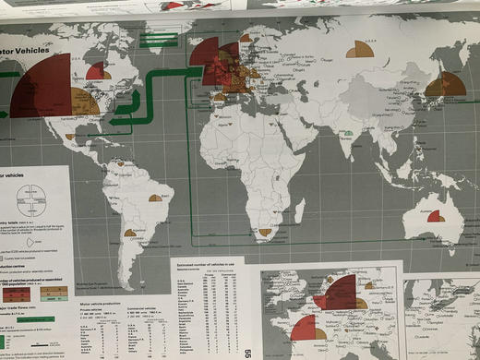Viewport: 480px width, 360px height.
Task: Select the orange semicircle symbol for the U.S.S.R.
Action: click(x=360, y=50)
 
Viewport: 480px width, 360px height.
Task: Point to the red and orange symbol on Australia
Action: click(x=435, y=216)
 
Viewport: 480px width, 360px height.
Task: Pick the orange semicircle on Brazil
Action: click(x=155, y=198)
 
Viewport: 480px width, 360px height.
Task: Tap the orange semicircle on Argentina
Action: click(x=130, y=233)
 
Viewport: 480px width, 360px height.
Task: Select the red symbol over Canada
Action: click(x=98, y=70)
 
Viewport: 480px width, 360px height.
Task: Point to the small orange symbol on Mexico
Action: click(x=70, y=137)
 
